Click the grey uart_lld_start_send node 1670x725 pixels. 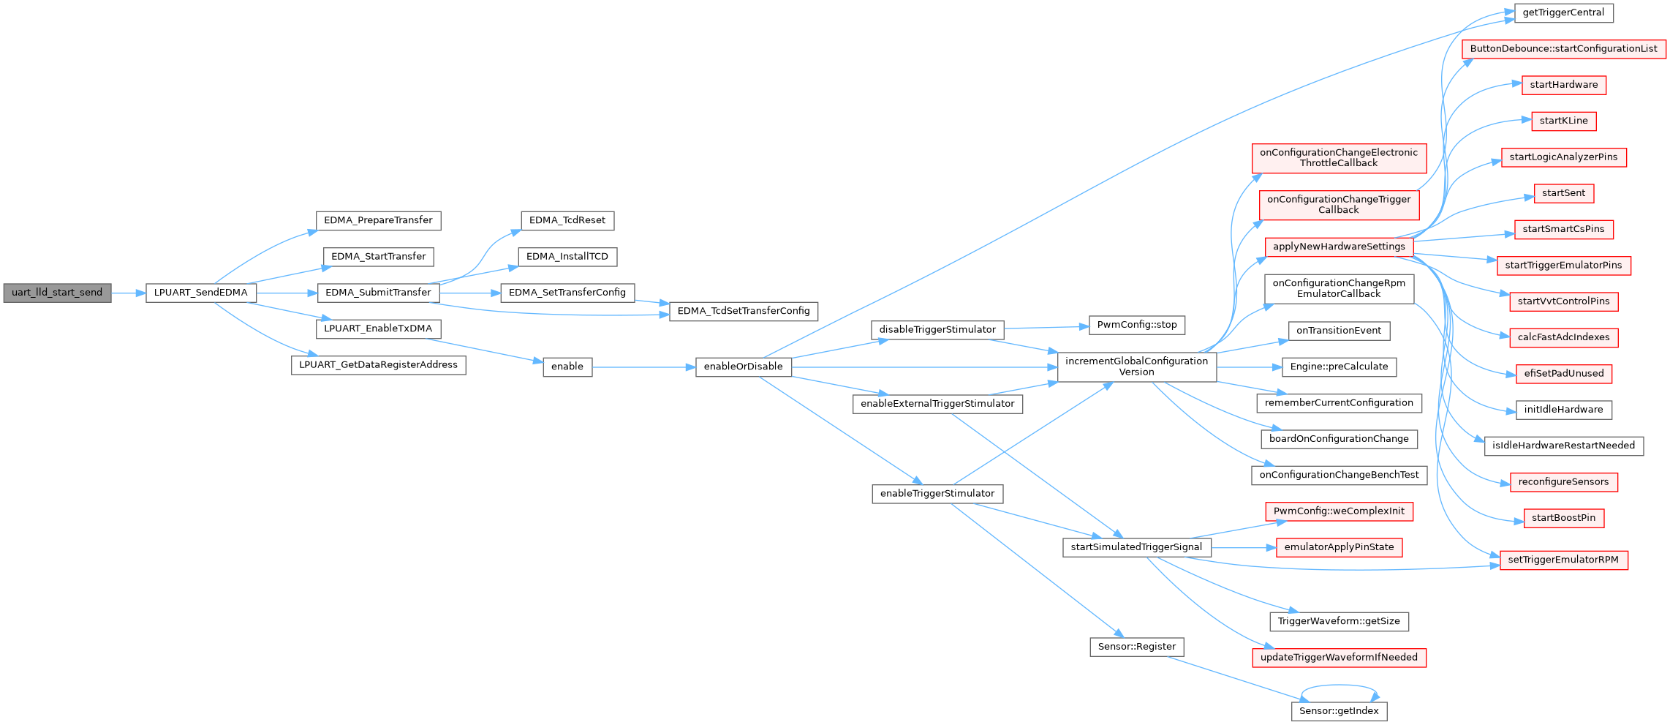[57, 293]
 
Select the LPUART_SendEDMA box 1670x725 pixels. [201, 293]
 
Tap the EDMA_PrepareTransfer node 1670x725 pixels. [378, 220]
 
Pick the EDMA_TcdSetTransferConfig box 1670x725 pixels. [744, 311]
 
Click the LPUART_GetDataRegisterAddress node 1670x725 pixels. [378, 365]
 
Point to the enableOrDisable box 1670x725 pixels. [744, 367]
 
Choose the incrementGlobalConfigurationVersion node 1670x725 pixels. [1137, 367]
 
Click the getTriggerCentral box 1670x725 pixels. [1563, 12]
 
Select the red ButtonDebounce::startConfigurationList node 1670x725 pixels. [1564, 49]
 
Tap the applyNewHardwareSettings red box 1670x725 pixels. [1339, 247]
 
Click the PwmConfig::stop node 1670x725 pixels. [1137, 325]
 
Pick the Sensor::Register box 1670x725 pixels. [1137, 647]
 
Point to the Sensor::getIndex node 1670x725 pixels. [1339, 711]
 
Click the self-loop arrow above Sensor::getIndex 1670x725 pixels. [1340, 685]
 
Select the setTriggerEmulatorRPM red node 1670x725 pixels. [1563, 560]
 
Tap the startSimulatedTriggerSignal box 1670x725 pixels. [1136, 547]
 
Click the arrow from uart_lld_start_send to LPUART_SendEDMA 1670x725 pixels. [129, 293]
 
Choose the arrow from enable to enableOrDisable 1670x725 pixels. [644, 367]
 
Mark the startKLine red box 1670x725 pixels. [1563, 121]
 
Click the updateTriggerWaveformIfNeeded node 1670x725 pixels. [1339, 658]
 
